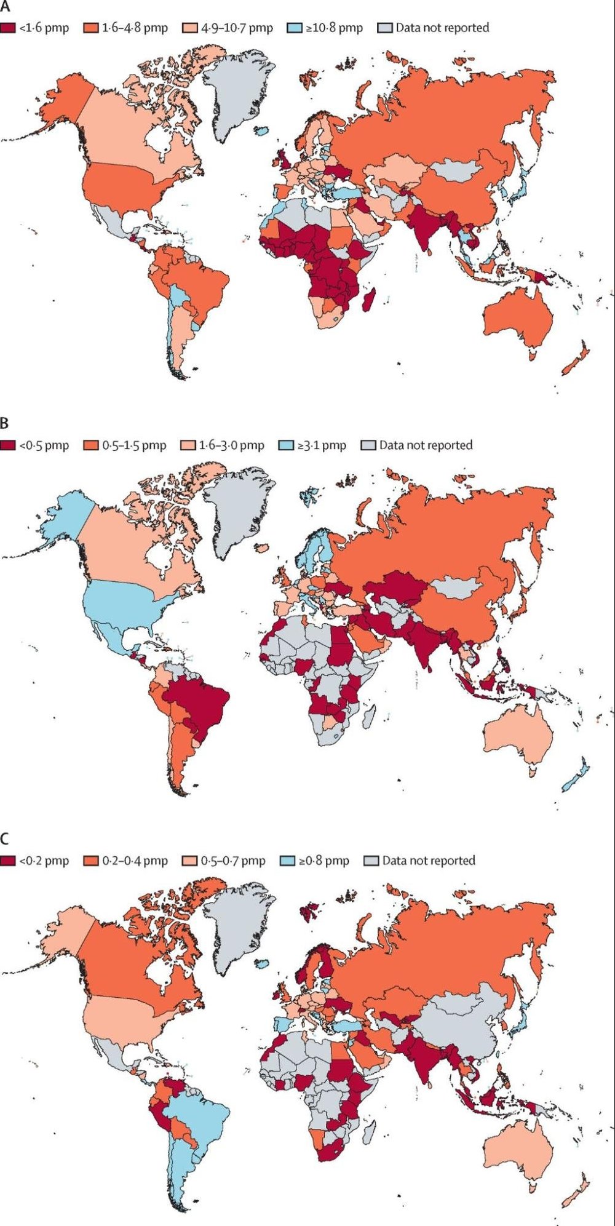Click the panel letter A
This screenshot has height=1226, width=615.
pos(5,7)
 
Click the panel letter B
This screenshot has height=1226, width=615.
pos(5,424)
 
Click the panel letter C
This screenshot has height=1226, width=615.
pos(5,840)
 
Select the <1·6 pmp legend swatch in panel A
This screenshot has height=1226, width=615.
pos(8,28)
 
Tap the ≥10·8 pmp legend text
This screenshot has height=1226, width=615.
pos(334,28)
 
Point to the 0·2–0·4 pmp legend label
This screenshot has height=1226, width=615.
pos(135,861)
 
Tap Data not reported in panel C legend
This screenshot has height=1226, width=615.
pos(428,861)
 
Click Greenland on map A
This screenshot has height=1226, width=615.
pos(237,92)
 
